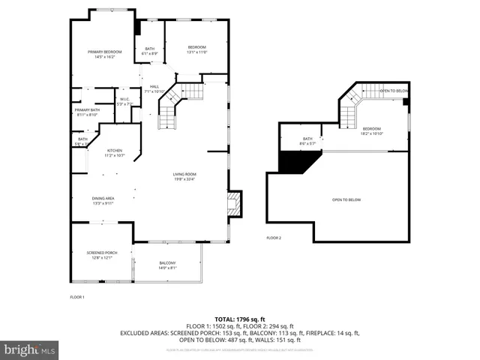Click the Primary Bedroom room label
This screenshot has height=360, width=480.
tap(104, 54)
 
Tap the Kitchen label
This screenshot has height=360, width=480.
tap(114, 153)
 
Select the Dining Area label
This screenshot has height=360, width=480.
tap(103, 201)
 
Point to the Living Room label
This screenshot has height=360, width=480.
tap(184, 177)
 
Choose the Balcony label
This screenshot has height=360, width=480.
tap(167, 265)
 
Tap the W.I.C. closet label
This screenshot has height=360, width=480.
tap(125, 100)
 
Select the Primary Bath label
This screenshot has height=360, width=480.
tap(87, 112)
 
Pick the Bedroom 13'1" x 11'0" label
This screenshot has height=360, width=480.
tap(196, 49)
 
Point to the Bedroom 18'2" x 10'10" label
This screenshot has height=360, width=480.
tap(372, 130)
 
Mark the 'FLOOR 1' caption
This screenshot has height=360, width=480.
tap(77, 298)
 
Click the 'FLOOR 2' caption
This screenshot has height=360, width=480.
tap(274, 238)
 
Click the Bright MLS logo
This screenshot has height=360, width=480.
tap(30, 349)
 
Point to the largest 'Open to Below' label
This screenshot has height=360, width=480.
tap(347, 199)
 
